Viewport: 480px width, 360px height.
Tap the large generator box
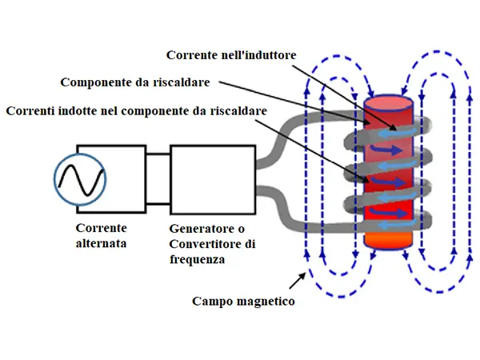pos(214,180)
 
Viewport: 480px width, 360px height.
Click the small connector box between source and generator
pos(158,180)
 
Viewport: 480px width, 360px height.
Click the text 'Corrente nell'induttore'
pos(231,54)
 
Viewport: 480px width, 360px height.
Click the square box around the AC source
pos(111,180)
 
